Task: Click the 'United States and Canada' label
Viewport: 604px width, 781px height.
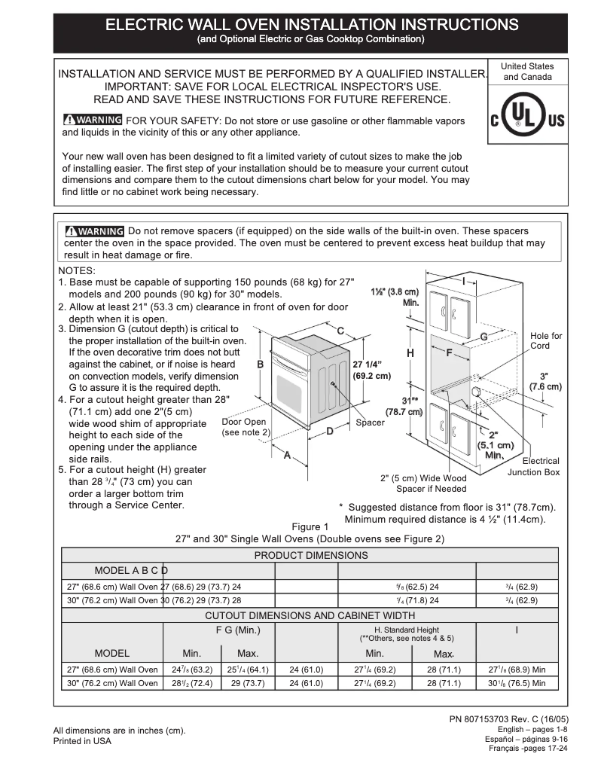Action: (x=527, y=72)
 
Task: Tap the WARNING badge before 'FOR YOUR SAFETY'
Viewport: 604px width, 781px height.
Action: (x=93, y=121)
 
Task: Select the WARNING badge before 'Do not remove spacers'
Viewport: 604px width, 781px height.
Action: (x=94, y=231)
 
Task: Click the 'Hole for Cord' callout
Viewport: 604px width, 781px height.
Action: (x=545, y=341)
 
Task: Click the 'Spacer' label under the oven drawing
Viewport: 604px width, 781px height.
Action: (x=370, y=423)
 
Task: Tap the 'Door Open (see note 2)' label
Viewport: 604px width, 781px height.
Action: (x=245, y=427)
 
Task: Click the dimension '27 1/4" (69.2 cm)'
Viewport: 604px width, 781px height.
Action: (x=371, y=369)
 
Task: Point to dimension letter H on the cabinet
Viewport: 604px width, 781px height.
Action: (x=410, y=352)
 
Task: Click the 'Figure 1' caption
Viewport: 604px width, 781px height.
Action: (x=310, y=526)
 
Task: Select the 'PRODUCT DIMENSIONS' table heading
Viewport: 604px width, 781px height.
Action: (x=310, y=555)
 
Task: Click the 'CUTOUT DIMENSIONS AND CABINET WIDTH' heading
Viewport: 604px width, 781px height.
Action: (x=310, y=615)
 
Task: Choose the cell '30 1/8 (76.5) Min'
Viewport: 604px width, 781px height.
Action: (x=517, y=683)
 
